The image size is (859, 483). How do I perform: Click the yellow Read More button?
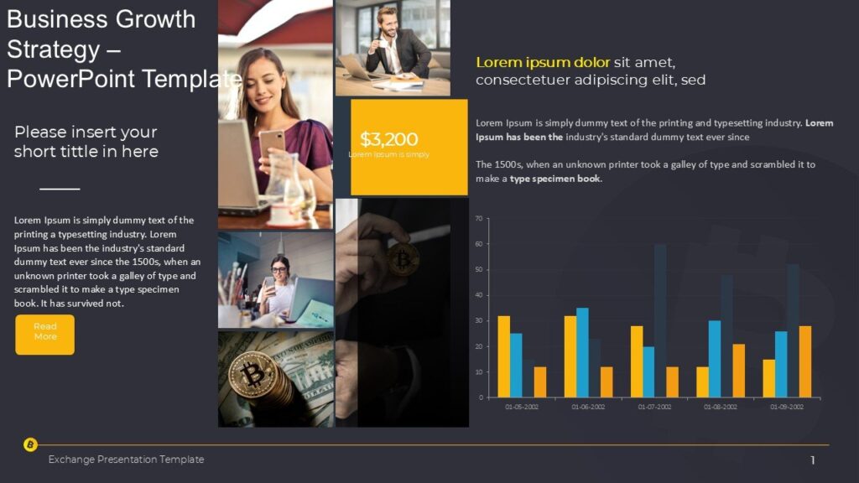(x=44, y=335)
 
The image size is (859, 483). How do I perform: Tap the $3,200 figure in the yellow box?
(x=388, y=139)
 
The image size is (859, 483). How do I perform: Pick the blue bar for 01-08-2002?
(x=714, y=358)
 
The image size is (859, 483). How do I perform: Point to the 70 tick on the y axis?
(x=479, y=219)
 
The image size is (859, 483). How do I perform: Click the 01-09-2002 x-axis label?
(x=786, y=407)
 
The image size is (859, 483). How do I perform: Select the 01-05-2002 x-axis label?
(x=522, y=407)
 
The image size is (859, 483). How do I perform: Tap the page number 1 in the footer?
(x=813, y=460)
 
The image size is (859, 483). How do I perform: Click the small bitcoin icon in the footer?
(x=30, y=444)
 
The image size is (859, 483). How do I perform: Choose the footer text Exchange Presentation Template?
(x=126, y=460)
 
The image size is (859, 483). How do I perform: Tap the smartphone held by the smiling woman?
(x=270, y=143)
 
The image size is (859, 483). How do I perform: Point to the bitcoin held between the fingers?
(x=403, y=259)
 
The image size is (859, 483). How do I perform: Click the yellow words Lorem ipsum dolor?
(x=543, y=62)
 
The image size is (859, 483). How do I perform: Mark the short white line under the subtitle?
(x=60, y=189)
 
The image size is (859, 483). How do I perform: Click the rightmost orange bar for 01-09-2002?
(x=804, y=361)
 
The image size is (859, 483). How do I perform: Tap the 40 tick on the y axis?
(x=479, y=295)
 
